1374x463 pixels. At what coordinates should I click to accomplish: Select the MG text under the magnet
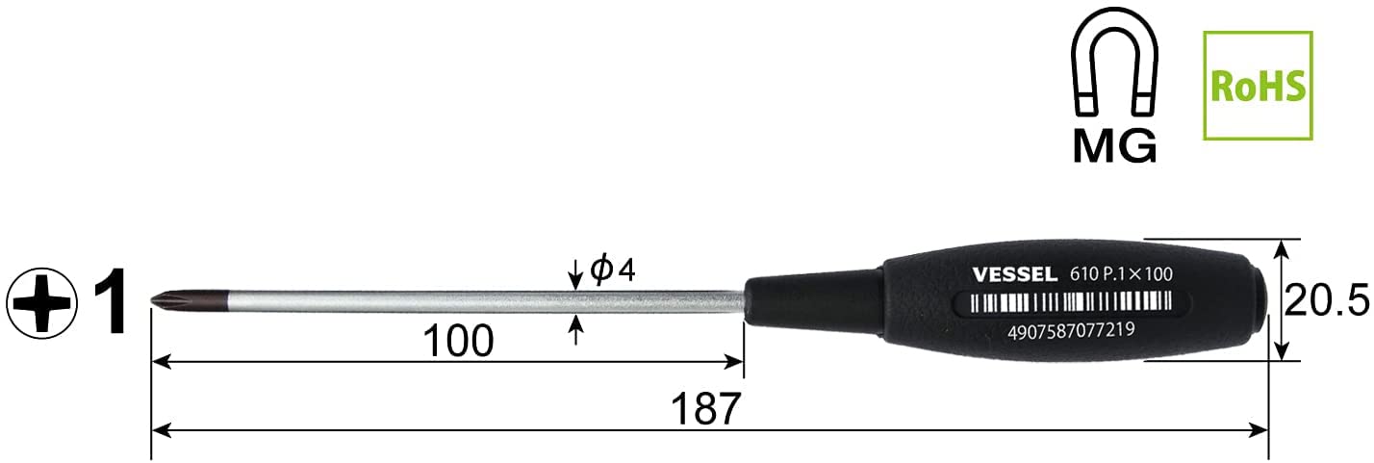click(1115, 145)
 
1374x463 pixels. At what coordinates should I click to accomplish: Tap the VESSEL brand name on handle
click(1014, 274)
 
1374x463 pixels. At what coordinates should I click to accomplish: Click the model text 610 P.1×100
click(1121, 274)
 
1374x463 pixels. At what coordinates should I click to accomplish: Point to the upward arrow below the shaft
click(575, 330)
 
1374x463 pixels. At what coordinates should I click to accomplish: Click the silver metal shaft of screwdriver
click(433, 300)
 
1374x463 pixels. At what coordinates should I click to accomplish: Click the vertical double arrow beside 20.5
click(1280, 300)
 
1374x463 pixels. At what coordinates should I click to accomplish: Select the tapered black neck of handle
click(808, 299)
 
